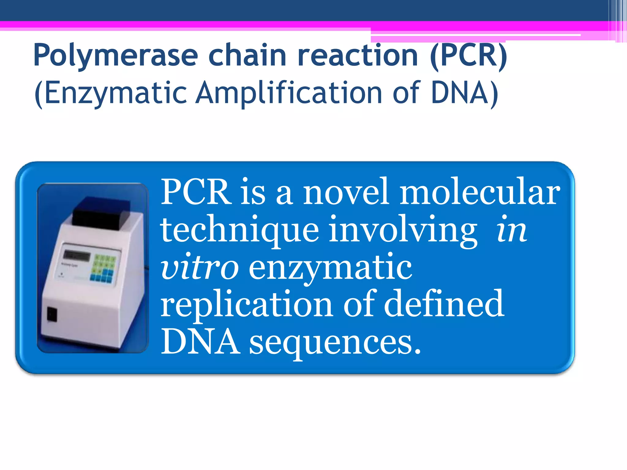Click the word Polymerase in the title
tap(115, 56)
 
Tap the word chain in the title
tap(247, 55)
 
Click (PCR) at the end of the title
tap(468, 56)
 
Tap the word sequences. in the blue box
tap(335, 342)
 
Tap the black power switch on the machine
tap(52, 314)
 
